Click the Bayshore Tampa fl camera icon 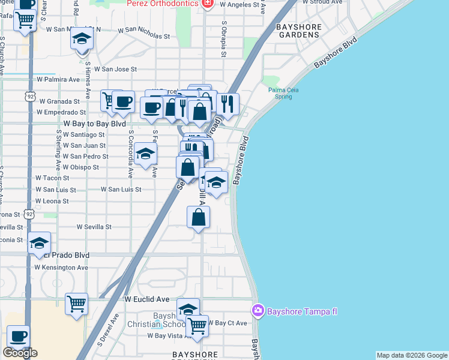click(258, 310)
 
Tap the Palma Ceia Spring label click(283, 93)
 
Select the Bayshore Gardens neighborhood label click(297, 31)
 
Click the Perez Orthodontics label click(162, 4)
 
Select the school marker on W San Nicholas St click(82, 40)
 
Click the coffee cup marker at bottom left click(18, 336)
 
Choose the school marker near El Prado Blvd click(40, 243)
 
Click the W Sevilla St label click(94, 227)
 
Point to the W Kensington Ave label click(61, 267)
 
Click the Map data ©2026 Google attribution click(412, 355)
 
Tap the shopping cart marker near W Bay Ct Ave click(197, 326)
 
